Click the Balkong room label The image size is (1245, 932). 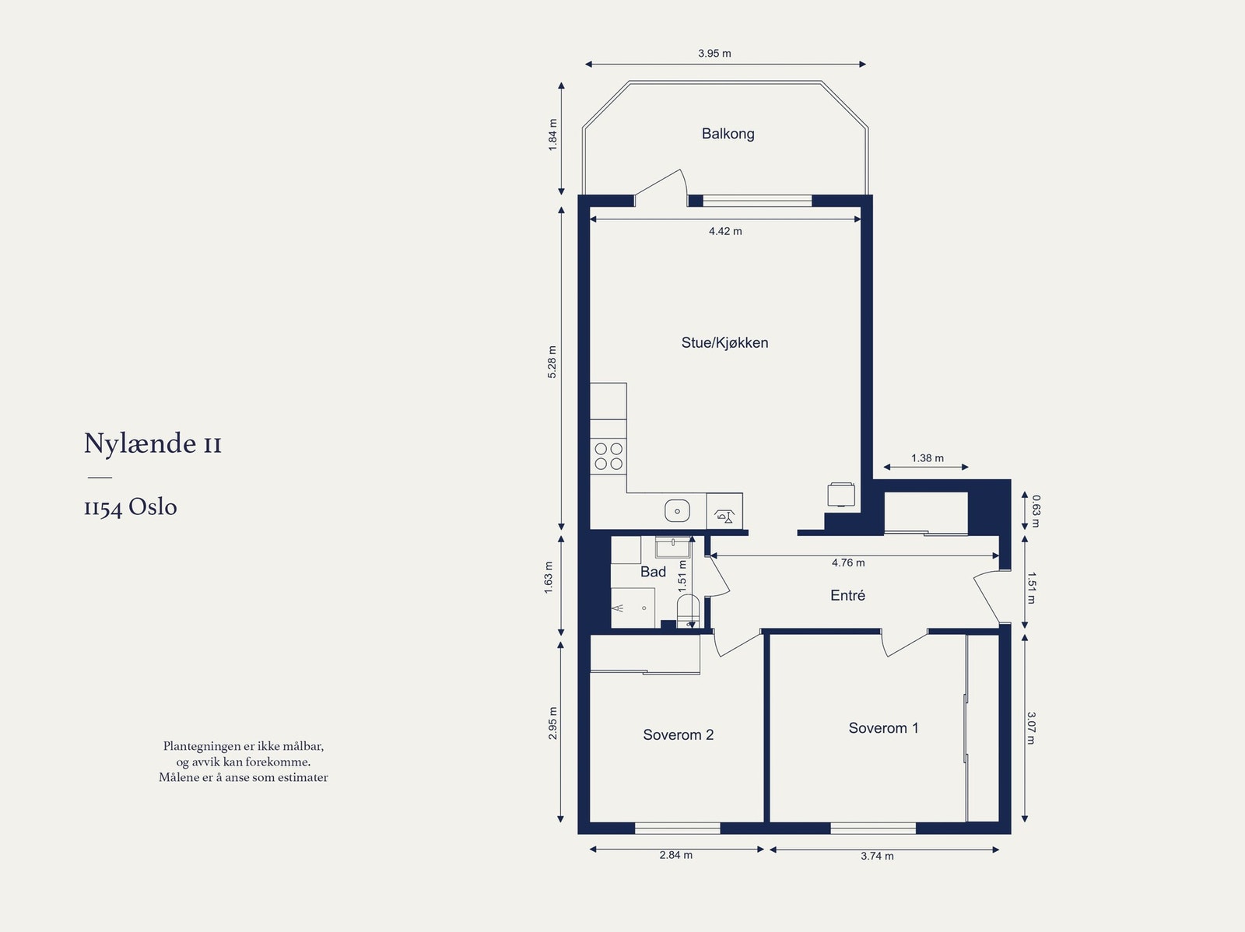[728, 134]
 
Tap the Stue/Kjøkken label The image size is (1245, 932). [725, 342]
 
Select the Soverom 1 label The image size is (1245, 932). [883, 728]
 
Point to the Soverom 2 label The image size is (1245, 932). [678, 734]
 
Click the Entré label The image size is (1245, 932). [847, 595]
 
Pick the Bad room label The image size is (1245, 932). [653, 572]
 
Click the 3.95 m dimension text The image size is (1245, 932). [714, 53]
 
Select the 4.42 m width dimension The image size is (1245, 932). [725, 231]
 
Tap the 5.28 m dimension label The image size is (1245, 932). [552, 362]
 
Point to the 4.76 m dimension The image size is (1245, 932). [848, 562]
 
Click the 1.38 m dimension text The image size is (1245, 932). [928, 457]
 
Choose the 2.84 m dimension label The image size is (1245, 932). [676, 854]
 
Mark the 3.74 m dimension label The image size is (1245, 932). [878, 856]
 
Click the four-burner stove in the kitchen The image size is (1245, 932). [608, 457]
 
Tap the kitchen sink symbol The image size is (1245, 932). [677, 511]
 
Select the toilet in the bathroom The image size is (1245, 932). [689, 611]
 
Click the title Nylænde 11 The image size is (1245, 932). [153, 443]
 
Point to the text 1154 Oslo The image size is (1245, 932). [131, 506]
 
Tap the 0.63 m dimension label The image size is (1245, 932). [1036, 511]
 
